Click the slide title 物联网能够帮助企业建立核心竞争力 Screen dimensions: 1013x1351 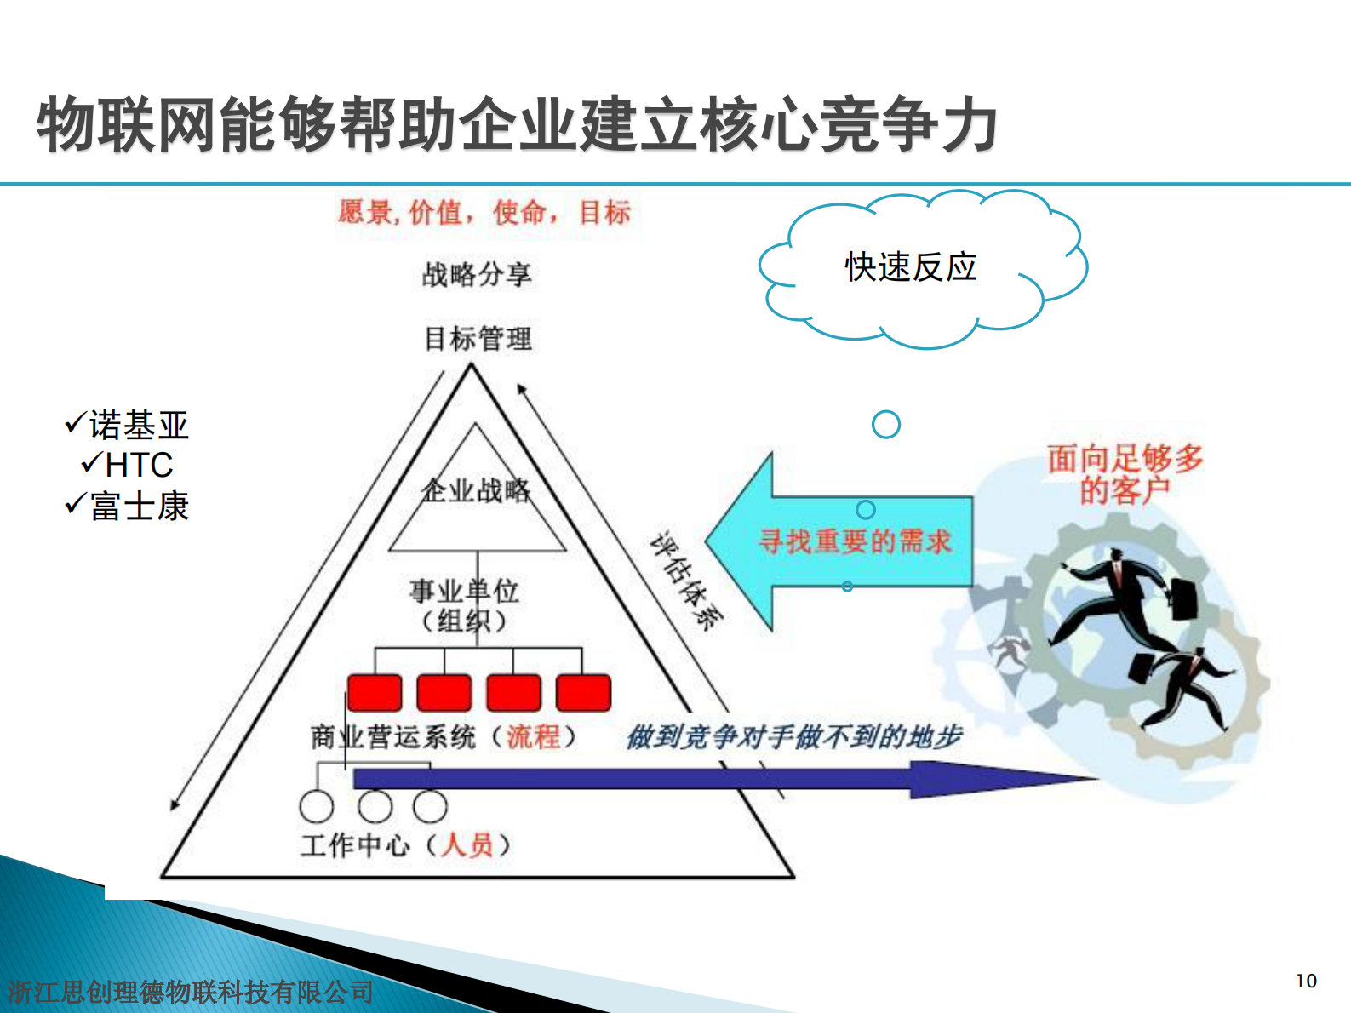coord(517,125)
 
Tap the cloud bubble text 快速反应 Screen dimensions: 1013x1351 coord(910,267)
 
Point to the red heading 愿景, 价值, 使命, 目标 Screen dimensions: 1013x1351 coord(484,212)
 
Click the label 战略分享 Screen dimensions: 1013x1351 coord(477,275)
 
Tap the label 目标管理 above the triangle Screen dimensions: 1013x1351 coord(478,339)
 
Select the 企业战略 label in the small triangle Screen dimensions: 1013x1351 coord(476,490)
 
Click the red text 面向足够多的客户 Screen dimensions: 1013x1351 coord(1125,474)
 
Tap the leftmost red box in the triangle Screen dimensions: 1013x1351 coord(375,692)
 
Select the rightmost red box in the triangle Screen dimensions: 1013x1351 coord(583,692)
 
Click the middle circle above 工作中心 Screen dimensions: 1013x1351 coord(375,806)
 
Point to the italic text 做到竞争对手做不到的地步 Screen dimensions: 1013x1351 coord(793,736)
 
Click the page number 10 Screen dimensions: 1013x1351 coord(1306,981)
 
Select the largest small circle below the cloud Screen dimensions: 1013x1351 coord(886,424)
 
